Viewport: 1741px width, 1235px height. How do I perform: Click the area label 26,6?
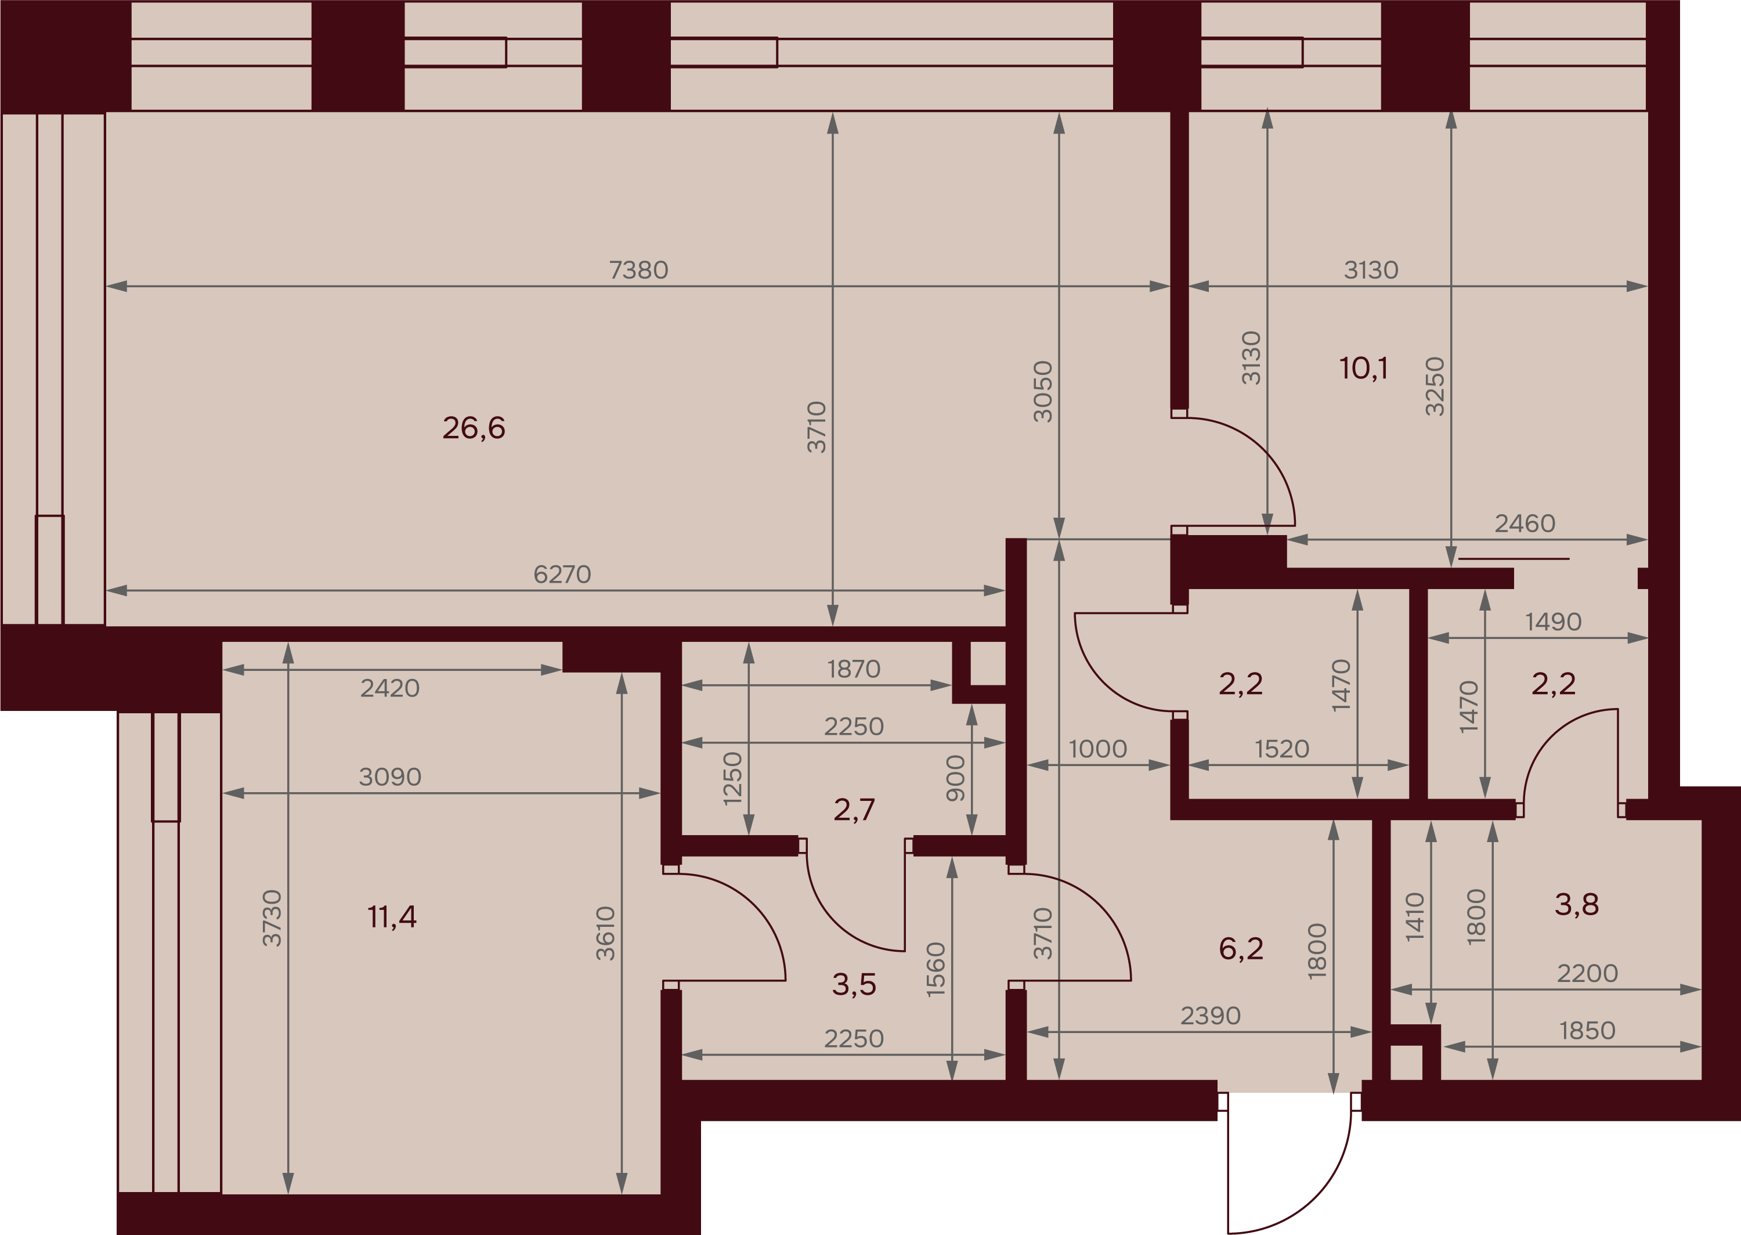tap(474, 428)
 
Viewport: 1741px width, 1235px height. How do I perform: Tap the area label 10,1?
tap(1364, 368)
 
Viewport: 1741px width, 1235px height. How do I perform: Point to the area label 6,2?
tap(1241, 948)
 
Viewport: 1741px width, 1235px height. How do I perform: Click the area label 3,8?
tap(1577, 904)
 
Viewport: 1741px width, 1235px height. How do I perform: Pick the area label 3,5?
tap(854, 985)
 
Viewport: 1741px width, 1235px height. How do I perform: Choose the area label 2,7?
tap(854, 810)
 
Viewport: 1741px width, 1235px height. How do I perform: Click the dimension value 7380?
tap(638, 270)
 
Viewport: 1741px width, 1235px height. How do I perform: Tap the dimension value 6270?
tap(562, 574)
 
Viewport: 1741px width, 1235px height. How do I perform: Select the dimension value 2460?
tap(1525, 523)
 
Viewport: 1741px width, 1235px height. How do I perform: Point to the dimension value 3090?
tap(390, 777)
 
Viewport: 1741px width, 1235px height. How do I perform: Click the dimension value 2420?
tap(390, 688)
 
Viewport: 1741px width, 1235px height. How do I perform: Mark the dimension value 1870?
tap(854, 669)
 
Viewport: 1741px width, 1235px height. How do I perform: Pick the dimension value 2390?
tap(1211, 1016)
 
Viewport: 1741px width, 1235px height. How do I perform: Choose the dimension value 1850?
tap(1587, 1031)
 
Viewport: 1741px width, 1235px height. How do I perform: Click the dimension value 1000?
tap(1098, 749)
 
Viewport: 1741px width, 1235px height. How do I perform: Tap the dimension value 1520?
tap(1282, 749)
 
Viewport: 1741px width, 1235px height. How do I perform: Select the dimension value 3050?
tap(1042, 392)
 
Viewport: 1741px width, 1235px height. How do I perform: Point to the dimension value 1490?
tap(1553, 622)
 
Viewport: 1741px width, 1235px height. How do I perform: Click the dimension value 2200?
tap(1587, 973)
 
